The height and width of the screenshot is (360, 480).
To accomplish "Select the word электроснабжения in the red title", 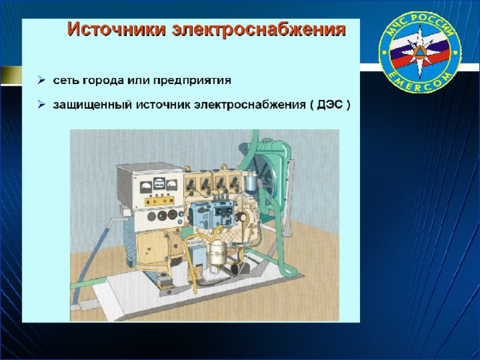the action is (x=259, y=30).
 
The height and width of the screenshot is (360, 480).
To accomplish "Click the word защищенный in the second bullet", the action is (x=91, y=105).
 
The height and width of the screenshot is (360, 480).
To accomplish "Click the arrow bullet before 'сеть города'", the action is (x=41, y=80).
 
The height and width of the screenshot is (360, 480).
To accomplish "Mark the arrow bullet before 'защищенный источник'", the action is (x=41, y=105).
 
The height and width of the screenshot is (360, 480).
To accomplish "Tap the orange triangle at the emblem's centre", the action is (x=419, y=52).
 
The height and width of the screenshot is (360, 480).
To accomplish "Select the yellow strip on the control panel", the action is (x=159, y=201).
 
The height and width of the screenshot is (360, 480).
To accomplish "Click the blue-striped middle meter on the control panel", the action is (x=159, y=183).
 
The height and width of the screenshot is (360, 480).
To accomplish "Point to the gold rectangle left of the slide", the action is (x=11, y=75).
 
